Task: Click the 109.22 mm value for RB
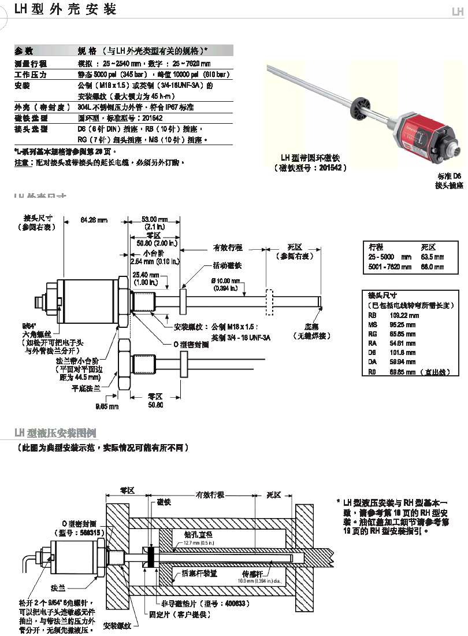coord(405,315)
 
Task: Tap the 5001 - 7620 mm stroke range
coord(390,267)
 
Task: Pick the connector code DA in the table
coord(372,362)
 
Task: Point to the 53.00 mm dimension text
coord(154,220)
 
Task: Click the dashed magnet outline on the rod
coord(269,302)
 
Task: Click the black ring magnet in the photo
coord(362,106)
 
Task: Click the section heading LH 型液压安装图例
coord(55,432)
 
